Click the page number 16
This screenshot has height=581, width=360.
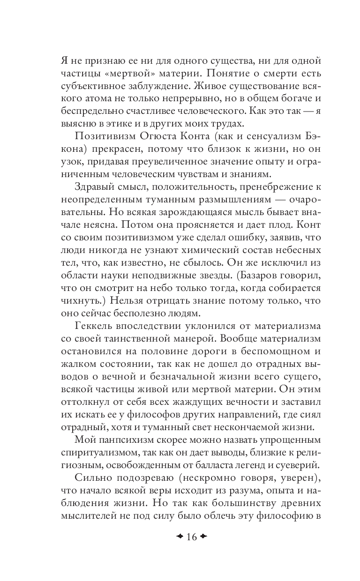[191, 536]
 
